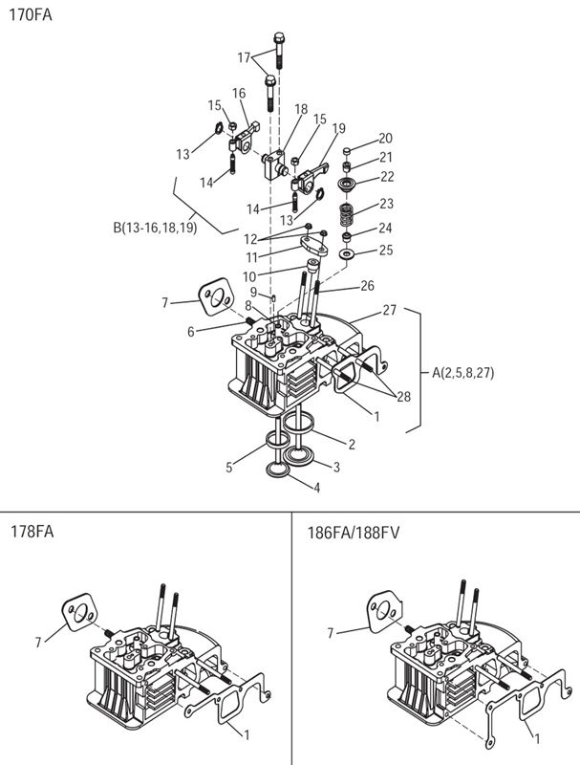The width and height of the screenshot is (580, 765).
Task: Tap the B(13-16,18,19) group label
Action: click(x=155, y=228)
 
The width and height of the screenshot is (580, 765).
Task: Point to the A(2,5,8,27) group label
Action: click(x=469, y=372)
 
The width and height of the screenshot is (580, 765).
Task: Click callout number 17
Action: click(x=245, y=58)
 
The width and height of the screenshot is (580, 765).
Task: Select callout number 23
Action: click(x=386, y=203)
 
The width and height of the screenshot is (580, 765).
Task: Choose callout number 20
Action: click(x=385, y=138)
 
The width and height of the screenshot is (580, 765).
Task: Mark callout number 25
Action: click(x=386, y=251)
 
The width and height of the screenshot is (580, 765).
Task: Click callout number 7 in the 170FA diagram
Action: click(x=165, y=303)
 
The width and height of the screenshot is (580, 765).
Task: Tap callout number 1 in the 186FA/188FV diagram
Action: click(x=535, y=739)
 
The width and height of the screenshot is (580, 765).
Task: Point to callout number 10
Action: click(x=248, y=276)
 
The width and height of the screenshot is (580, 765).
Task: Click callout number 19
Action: click(x=338, y=127)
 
